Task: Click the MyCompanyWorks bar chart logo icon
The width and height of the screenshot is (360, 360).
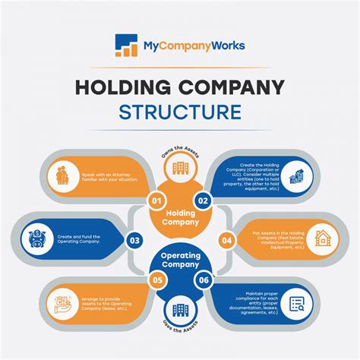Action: coord(127,46)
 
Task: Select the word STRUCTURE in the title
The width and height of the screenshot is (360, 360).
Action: coord(179,112)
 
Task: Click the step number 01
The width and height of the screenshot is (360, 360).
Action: coord(156,201)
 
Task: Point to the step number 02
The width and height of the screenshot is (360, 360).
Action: coord(203,201)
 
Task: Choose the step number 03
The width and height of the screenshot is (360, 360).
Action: coord(134,241)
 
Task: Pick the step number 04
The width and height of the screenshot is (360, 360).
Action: coord(226,241)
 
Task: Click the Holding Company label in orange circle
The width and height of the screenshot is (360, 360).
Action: coord(180,219)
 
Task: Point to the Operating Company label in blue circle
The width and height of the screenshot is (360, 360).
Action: coord(180,261)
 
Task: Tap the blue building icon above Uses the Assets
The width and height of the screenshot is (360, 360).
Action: coord(180,310)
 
